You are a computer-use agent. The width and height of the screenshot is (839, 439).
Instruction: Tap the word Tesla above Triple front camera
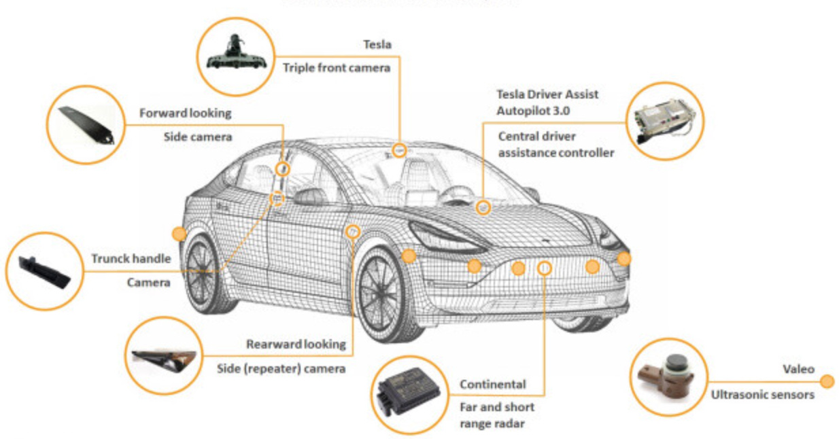coord(377,45)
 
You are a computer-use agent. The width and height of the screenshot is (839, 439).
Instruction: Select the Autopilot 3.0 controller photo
coord(662,121)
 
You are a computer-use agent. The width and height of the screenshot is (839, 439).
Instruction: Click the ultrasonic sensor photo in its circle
coord(669,378)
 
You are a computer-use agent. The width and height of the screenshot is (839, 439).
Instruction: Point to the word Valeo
coord(798,369)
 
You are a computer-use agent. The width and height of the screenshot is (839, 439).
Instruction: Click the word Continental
coord(493,385)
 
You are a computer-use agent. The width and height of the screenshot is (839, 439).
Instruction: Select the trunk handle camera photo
coord(43,270)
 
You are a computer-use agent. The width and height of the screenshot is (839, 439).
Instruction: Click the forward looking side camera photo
coord(86,124)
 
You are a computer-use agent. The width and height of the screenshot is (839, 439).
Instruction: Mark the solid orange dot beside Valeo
coord(827,381)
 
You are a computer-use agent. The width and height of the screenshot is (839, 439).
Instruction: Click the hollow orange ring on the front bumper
coord(545,268)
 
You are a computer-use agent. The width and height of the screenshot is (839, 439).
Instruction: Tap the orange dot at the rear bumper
coord(179,234)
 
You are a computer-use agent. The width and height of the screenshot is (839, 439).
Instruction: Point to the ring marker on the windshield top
coord(399,150)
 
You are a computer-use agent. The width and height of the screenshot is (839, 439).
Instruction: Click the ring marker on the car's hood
coord(483,207)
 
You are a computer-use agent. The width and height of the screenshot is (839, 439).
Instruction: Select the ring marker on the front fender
coord(352,232)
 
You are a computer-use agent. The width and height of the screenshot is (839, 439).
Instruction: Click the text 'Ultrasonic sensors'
coord(762,394)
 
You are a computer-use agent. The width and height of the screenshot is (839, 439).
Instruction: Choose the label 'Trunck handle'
coord(131,259)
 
